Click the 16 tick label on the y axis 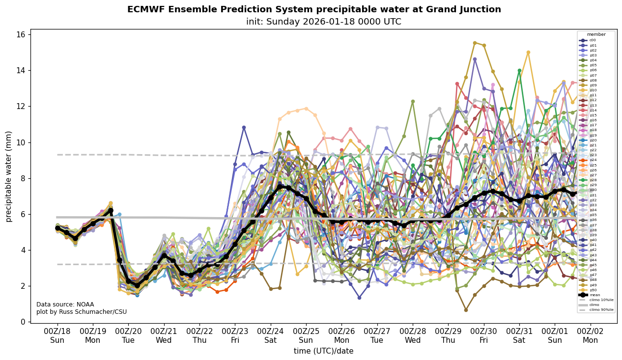(21, 35)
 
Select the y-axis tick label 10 (21, 142)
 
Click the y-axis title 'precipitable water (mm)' (9, 176)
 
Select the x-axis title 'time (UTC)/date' (323, 351)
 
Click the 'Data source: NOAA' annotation (65, 305)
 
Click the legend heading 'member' (596, 34)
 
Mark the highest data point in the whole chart (475, 43)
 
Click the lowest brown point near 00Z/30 (466, 310)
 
